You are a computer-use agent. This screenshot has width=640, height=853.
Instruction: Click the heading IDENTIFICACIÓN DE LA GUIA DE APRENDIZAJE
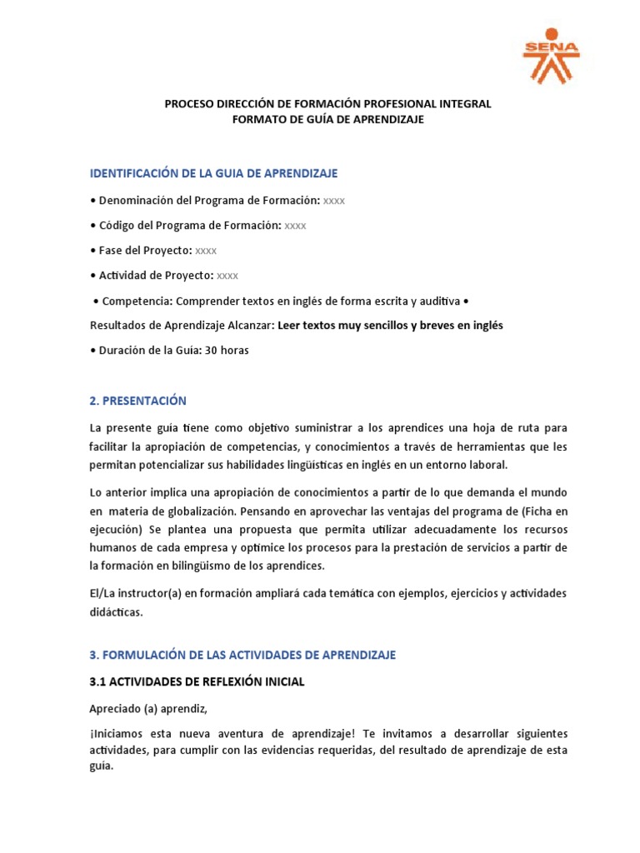[x=213, y=173]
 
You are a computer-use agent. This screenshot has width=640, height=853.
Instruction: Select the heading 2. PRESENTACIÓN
[x=137, y=401]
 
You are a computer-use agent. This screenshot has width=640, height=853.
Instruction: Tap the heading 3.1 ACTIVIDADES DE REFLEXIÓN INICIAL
[x=197, y=681]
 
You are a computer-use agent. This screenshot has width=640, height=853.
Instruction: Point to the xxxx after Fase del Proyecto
[x=206, y=250]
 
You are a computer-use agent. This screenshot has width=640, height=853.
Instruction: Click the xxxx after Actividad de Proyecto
[x=227, y=275]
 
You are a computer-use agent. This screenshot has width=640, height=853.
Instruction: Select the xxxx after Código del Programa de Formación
[x=295, y=225]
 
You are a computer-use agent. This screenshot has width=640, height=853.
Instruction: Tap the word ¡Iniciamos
[x=118, y=733]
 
